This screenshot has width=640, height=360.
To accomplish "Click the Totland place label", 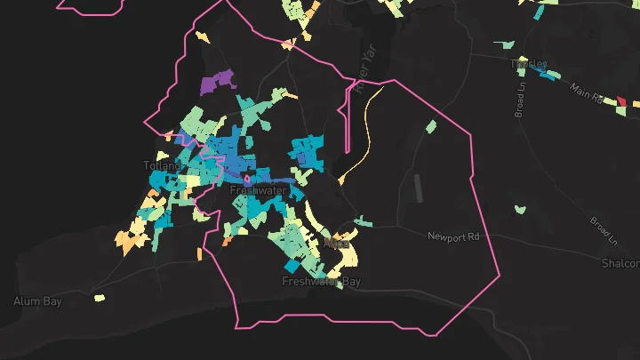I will coord(162,165).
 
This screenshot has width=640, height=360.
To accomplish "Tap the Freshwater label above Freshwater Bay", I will coord(254,190).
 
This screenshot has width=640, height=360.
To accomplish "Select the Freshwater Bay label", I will coord(322,282).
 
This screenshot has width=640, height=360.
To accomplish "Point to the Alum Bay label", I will coord(37,301).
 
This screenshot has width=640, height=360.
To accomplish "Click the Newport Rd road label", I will coord(452,236).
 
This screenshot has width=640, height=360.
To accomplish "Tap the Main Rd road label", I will coord(586,92).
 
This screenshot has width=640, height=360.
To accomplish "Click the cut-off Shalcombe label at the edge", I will coord(620,264).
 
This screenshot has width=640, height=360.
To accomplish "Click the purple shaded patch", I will coord(217,83).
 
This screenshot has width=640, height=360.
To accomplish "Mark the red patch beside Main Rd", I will coord(621,102).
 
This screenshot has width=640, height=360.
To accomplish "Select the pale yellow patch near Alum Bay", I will coord(100,298).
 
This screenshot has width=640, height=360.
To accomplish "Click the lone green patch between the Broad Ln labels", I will coord(520,210).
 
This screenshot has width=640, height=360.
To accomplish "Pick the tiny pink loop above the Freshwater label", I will coord(247,176).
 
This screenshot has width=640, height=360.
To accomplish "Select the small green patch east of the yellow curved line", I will coord(431,127).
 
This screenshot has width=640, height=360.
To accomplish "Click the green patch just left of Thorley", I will coord(505,44).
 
